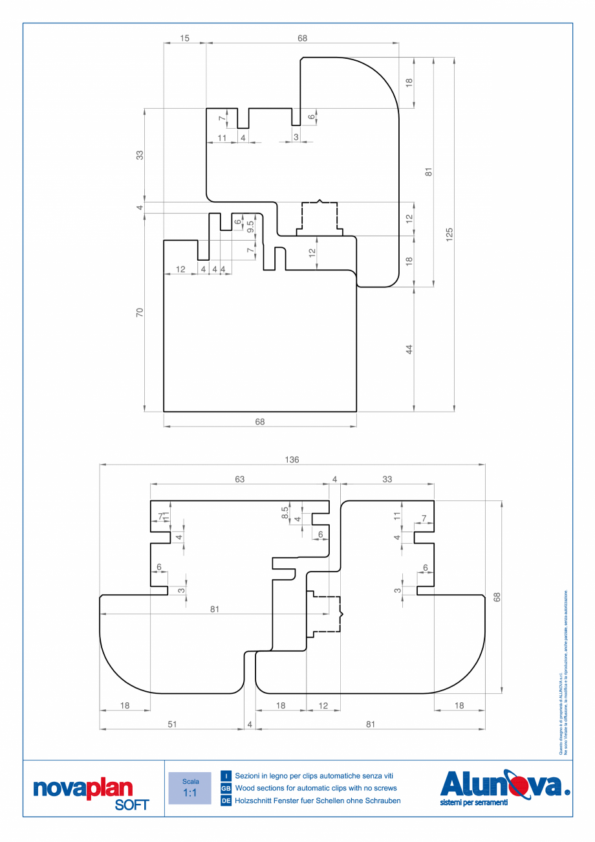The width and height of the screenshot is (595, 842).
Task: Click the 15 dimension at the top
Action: [185, 39]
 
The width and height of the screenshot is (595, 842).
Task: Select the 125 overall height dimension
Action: [449, 234]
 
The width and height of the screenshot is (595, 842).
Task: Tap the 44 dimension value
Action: [409, 349]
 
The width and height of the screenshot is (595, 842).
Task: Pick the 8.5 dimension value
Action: [285, 513]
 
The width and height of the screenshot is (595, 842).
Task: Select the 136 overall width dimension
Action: [292, 460]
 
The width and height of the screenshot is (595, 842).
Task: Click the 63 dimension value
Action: [239, 480]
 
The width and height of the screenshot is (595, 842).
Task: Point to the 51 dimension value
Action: [172, 725]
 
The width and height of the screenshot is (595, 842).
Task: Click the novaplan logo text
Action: [82, 788]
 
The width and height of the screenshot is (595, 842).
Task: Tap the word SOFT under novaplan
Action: [131, 805]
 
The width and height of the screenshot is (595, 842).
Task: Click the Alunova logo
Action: [504, 784]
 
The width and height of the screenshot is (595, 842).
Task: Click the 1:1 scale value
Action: [189, 793]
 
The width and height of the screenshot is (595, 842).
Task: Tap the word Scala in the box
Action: [189, 781]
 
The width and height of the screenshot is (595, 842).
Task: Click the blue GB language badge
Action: [226, 788]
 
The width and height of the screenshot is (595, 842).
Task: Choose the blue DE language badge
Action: [226, 801]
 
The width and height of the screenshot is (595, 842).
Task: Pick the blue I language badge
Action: [226, 775]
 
